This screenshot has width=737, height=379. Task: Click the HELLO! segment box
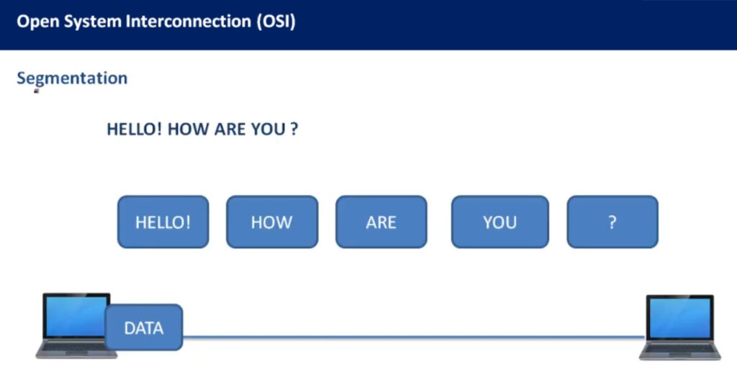tap(163, 222)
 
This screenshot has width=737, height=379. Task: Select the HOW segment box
tap(272, 222)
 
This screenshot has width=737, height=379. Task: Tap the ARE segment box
tap(381, 222)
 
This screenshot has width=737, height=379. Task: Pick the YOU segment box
tap(500, 222)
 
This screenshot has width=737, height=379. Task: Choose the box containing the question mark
tap(612, 222)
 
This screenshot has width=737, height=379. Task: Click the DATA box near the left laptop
tap(144, 327)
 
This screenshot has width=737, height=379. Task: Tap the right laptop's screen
tap(679, 318)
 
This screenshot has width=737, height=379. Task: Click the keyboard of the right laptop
tap(679, 349)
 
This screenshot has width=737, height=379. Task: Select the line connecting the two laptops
tap(414, 337)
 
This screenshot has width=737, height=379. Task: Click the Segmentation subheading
tap(72, 78)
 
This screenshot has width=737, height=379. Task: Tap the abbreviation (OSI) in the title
tap(276, 22)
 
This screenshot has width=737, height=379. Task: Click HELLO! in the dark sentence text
tap(135, 129)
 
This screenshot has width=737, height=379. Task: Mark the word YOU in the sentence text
tap(268, 129)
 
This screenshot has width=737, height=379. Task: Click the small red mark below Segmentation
tap(37, 91)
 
